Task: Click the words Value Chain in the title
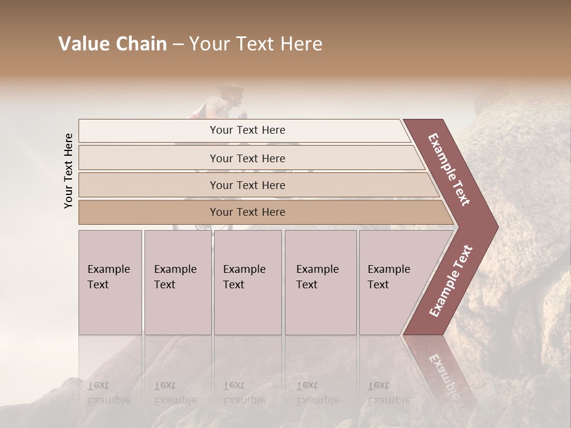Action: pyautogui.click(x=112, y=45)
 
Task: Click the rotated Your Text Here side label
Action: pyautogui.click(x=68, y=171)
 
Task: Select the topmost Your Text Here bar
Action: pyautogui.click(x=247, y=130)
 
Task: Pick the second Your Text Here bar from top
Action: pyautogui.click(x=247, y=158)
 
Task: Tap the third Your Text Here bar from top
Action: pyautogui.click(x=247, y=185)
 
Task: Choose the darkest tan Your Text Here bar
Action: pyautogui.click(x=247, y=212)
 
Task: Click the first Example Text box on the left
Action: pyautogui.click(x=110, y=282)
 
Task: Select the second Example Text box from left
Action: pyautogui.click(x=177, y=282)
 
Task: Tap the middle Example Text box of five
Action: pyautogui.click(x=247, y=282)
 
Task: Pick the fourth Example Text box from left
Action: pyautogui.click(x=320, y=282)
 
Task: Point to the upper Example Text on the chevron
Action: pyautogui.click(x=449, y=170)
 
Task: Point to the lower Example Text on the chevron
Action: pyautogui.click(x=450, y=281)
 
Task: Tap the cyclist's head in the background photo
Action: pyautogui.click(x=231, y=95)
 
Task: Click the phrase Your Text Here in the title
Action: pyautogui.click(x=256, y=45)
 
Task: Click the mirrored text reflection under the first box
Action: pyautogui.click(x=108, y=393)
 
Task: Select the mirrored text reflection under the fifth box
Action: pyautogui.click(x=389, y=393)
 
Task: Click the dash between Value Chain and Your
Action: pyautogui.click(x=178, y=45)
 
